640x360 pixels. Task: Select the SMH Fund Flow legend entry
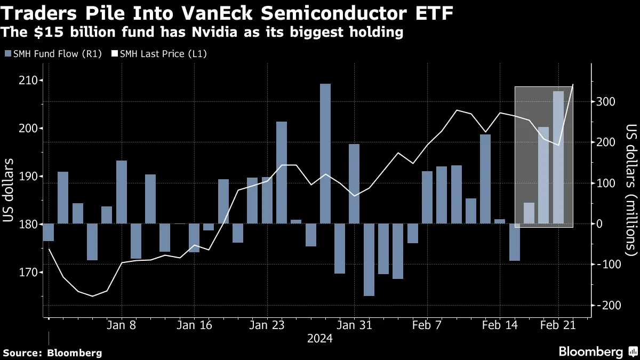click(x=52, y=54)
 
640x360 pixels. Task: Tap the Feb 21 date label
click(x=558, y=325)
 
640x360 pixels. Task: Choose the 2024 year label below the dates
click(x=319, y=339)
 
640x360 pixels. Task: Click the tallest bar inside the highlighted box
click(x=558, y=157)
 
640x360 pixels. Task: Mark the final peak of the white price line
click(x=573, y=84)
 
